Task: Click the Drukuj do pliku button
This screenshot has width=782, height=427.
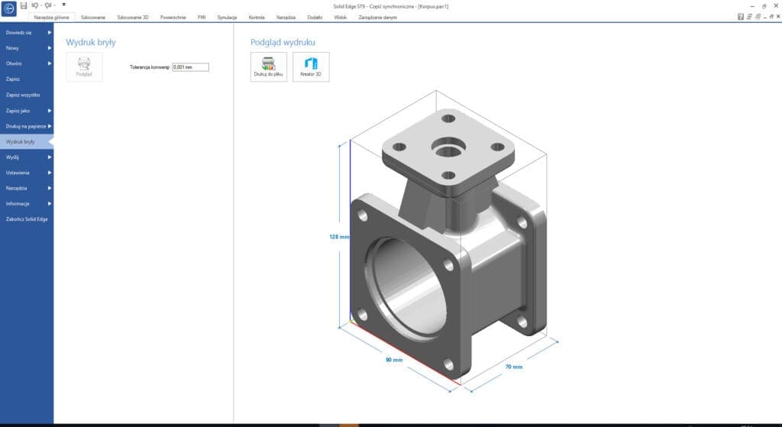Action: tap(269, 66)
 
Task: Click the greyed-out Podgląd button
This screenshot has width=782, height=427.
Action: tap(84, 66)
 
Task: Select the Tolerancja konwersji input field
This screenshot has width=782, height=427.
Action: tap(190, 67)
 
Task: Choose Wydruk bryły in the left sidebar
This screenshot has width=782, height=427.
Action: tap(21, 142)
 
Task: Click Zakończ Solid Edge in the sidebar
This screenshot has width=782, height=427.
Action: tap(27, 220)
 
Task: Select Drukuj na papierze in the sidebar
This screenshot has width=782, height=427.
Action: tap(27, 126)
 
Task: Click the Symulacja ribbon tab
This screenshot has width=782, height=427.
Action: tap(227, 17)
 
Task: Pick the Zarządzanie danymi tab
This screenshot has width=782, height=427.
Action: tap(377, 17)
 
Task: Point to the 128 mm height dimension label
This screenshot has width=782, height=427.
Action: tap(339, 237)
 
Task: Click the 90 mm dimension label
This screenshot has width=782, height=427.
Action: tap(393, 359)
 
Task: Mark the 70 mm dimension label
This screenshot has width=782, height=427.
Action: tap(513, 367)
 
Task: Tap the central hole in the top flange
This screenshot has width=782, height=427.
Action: tap(445, 146)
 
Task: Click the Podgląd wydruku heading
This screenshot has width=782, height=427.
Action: tap(283, 42)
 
